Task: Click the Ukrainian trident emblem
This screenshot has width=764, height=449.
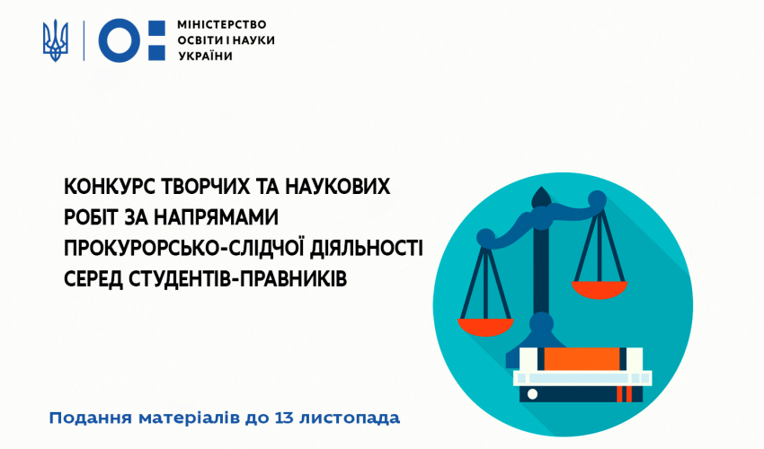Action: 56,40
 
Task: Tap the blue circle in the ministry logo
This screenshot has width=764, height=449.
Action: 120,40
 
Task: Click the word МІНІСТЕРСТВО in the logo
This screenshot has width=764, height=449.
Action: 222,24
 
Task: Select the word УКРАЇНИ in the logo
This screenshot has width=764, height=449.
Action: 205,56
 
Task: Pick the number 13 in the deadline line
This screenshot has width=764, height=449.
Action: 284,418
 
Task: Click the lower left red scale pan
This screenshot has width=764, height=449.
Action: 485,327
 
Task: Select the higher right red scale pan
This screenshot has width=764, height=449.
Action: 600,289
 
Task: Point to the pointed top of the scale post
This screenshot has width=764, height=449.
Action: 540,188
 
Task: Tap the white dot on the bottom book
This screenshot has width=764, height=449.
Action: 533,393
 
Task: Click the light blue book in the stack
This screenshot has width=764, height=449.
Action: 582,378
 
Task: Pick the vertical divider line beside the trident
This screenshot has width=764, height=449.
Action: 84,40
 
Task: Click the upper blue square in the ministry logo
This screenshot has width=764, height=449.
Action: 157,29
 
